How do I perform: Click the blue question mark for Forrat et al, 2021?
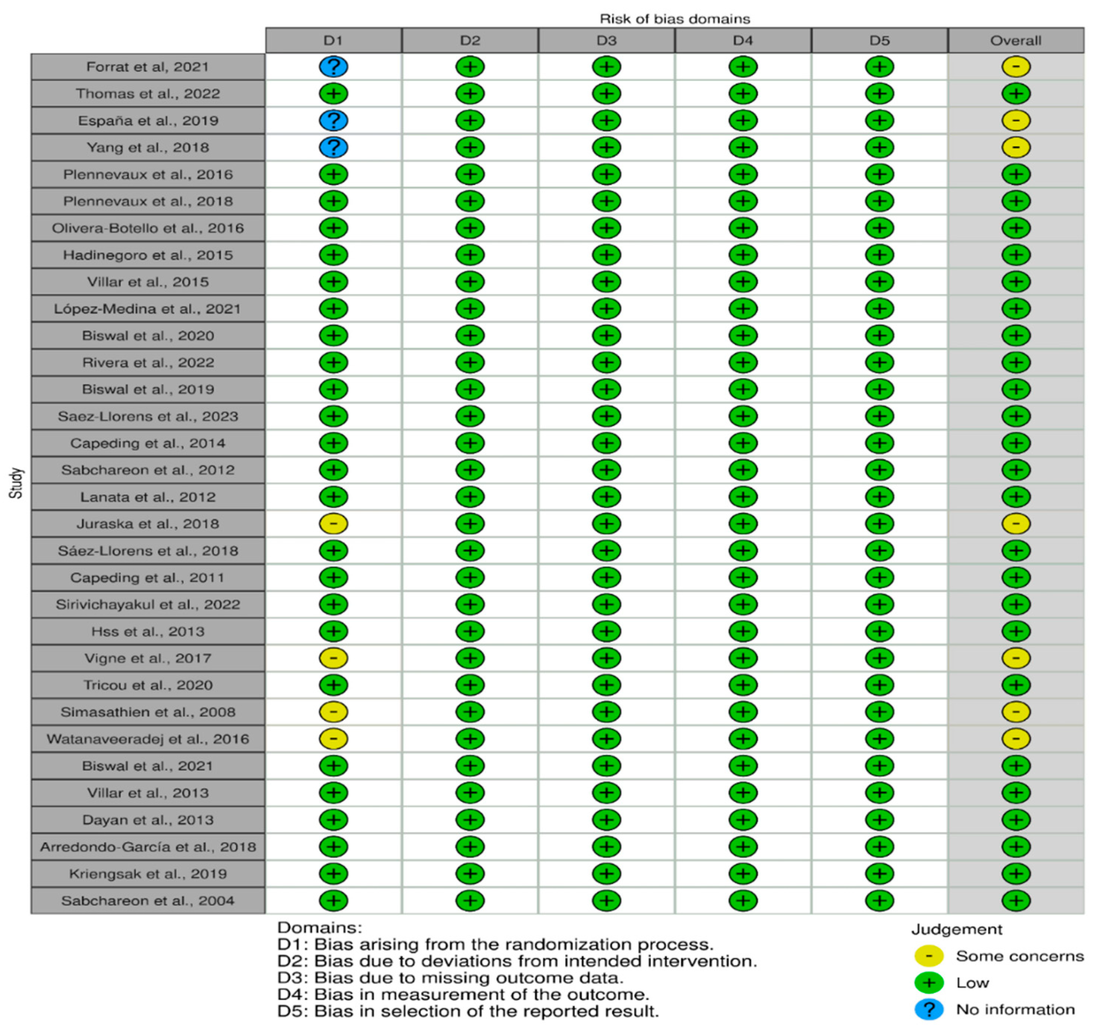(x=333, y=67)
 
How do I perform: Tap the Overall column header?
(x=1015, y=40)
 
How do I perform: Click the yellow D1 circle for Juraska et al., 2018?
(x=333, y=524)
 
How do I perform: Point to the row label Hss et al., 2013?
(x=148, y=631)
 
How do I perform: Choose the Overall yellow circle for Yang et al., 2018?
(x=1016, y=148)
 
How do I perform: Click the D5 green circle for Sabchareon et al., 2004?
(x=879, y=901)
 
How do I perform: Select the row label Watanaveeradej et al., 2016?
(x=148, y=739)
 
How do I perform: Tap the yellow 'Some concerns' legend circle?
(x=929, y=956)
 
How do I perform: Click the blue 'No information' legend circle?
(x=929, y=1009)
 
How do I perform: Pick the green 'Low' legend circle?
(x=929, y=983)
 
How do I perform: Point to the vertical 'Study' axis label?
(x=16, y=483)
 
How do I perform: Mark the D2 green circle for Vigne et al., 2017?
(x=470, y=658)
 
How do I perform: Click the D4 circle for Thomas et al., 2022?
(x=742, y=94)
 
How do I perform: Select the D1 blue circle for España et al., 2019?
(x=333, y=120)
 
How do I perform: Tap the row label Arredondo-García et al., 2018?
(x=148, y=847)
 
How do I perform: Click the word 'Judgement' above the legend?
(x=956, y=929)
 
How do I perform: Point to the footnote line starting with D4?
(x=463, y=995)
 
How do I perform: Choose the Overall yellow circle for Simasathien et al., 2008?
(x=1016, y=712)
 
